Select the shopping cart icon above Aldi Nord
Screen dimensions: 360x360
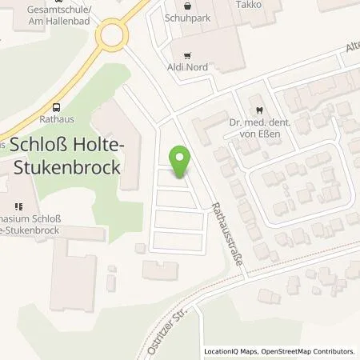[x=187, y=56]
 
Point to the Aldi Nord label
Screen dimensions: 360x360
[x=187, y=69]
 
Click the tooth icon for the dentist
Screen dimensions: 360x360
[x=258, y=111]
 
